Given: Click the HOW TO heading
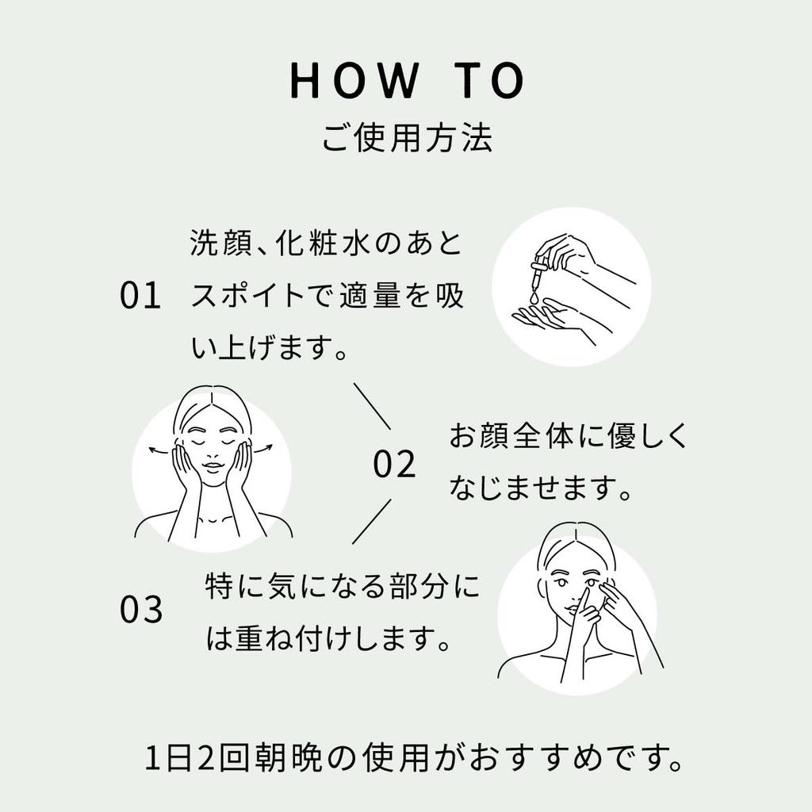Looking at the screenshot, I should [406, 81].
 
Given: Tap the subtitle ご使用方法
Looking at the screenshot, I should [406, 138].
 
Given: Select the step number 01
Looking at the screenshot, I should [140, 296].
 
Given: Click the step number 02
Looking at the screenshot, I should [394, 465].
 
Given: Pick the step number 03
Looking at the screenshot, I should [140, 610].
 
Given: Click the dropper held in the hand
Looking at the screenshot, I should [539, 274].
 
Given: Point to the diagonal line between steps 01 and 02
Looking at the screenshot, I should [372, 406].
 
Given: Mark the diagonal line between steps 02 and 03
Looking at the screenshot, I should [372, 521].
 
